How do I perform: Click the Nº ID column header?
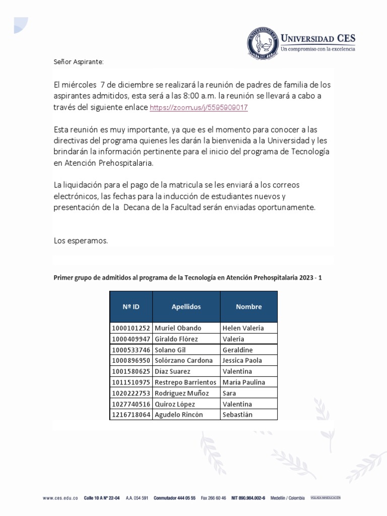pyautogui.click(x=131, y=306)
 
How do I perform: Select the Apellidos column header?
pyautogui.click(x=186, y=306)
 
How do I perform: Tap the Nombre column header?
pyautogui.click(x=248, y=306)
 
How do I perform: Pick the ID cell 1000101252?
pyautogui.click(x=131, y=328)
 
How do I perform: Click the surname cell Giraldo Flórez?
pyautogui.click(x=176, y=339)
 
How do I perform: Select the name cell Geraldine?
pyautogui.click(x=237, y=350)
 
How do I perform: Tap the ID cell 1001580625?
pyautogui.click(x=131, y=371)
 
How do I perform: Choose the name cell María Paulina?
pyautogui.click(x=243, y=382)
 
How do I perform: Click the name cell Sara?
pyautogui.click(x=229, y=393)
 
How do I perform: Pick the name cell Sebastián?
pyautogui.click(x=237, y=415)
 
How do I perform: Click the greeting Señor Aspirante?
pyautogui.click(x=78, y=61)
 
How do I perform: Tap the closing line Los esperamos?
pyautogui.click(x=81, y=241)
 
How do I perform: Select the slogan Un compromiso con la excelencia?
pyautogui.click(x=318, y=49)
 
